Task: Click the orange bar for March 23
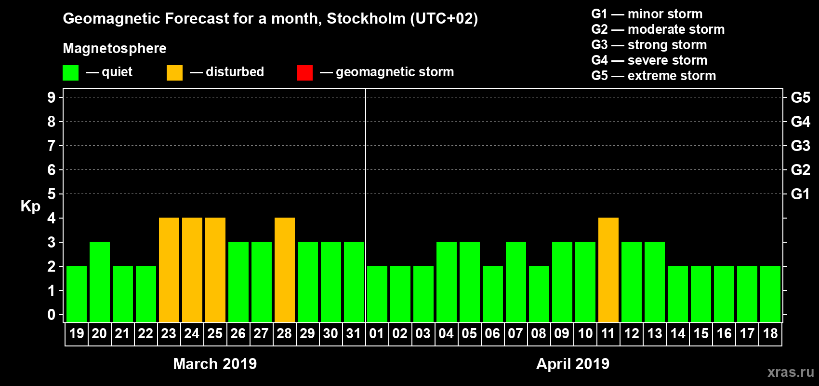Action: click(169, 270)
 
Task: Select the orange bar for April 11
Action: click(608, 270)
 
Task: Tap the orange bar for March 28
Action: click(285, 270)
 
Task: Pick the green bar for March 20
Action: click(100, 282)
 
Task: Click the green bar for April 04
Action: click(447, 282)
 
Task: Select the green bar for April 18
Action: click(770, 294)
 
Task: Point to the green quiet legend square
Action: click(71, 73)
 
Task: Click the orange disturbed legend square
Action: click(174, 73)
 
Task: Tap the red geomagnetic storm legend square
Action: click(304, 73)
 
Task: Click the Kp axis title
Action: click(30, 207)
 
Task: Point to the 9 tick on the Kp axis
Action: click(52, 97)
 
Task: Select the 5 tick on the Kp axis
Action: click(52, 194)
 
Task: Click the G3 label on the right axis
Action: click(800, 146)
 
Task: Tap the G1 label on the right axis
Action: click(800, 194)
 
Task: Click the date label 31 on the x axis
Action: click(354, 334)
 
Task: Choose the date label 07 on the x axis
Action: click(515, 334)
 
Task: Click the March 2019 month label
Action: click(215, 364)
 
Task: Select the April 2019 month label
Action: click(573, 364)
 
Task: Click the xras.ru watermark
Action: click(791, 372)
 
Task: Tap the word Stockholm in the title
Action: click(366, 19)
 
